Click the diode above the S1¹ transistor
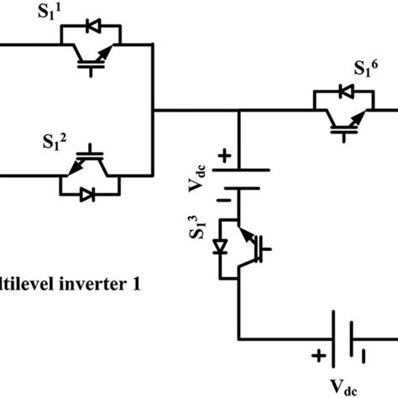92,27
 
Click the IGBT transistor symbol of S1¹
92,57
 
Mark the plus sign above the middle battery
224,155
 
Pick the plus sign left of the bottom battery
319,356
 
